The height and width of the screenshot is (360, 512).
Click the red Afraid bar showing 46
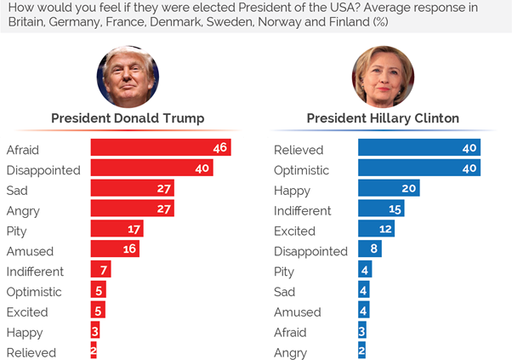click(160, 149)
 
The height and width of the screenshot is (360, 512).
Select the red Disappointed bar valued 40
click(151, 169)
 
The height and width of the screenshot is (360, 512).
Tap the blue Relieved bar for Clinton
click(418, 149)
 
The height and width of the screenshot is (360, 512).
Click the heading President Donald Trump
click(128, 117)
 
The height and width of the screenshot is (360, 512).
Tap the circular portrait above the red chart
click(128, 76)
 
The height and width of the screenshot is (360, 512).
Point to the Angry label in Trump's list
click(23, 210)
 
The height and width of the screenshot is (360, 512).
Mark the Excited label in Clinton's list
click(294, 231)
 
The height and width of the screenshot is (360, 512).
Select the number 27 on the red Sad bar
click(163, 189)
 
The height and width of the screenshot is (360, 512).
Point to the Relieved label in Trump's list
click(31, 352)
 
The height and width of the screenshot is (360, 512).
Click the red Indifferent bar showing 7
click(100, 271)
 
